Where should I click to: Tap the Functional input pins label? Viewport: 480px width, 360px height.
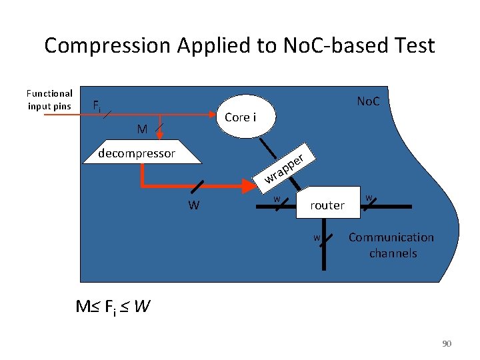[49, 100]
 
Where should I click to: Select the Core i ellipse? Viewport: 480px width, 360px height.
[241, 117]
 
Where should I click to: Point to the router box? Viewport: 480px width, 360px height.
[327, 205]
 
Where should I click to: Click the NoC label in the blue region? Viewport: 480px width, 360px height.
[368, 101]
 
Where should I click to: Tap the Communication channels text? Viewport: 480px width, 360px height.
[391, 245]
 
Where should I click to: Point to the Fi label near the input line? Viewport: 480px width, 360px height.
[97, 105]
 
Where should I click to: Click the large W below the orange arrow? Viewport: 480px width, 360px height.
[193, 205]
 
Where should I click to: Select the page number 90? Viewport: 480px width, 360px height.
[447, 343]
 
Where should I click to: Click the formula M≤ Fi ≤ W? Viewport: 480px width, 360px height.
[113, 307]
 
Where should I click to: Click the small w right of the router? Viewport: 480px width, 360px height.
[369, 196]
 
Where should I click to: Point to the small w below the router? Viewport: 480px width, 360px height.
[317, 237]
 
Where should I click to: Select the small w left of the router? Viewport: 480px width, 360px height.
[277, 198]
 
